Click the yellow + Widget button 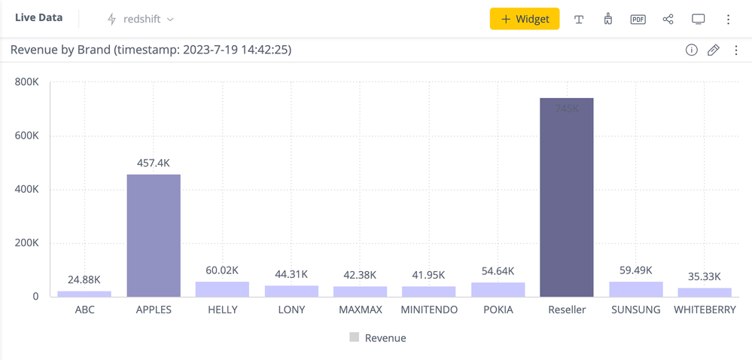tap(524, 19)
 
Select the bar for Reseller tap(566, 197)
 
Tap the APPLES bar tap(154, 235)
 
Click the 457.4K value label tap(154, 163)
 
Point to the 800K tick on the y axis tap(27, 82)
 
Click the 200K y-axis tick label tap(27, 243)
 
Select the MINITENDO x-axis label tap(429, 310)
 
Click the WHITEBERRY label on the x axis tap(705, 310)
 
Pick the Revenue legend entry tap(378, 338)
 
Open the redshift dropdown tap(141, 19)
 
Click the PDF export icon tap(638, 19)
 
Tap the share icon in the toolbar tap(668, 19)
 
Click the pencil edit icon tap(714, 50)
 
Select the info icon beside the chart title tap(691, 50)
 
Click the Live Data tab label tap(38, 17)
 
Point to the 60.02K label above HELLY tap(222, 270)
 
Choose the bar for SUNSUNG tap(636, 288)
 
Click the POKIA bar tap(498, 289)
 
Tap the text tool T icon tap(579, 20)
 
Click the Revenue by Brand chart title tap(151, 50)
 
